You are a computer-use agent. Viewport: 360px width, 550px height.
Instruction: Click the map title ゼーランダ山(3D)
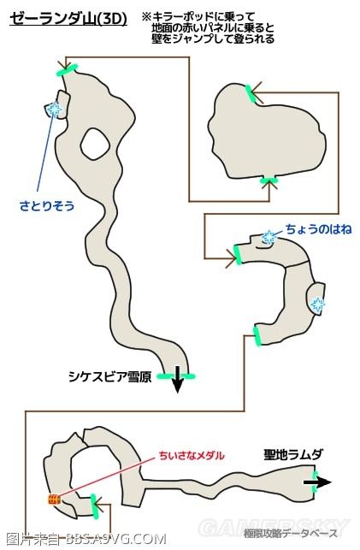coord(68,17)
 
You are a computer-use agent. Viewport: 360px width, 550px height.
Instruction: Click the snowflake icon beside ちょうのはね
coord(270,238)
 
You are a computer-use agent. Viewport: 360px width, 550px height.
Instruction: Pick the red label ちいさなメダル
coord(187,455)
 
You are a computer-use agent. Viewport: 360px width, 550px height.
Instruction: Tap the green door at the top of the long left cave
coord(69,68)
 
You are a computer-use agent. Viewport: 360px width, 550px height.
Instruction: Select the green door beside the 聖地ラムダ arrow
coord(314,476)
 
